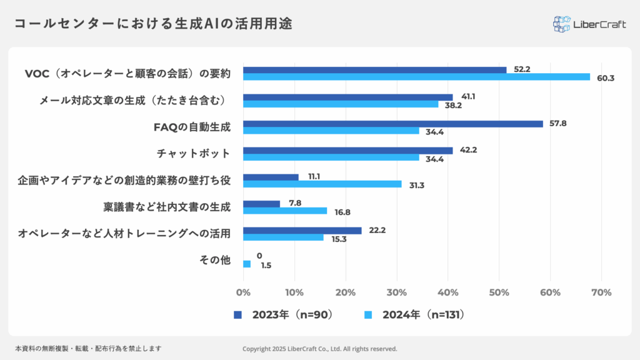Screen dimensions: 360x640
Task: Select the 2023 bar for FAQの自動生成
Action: point(392,124)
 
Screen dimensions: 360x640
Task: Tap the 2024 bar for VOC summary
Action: point(416,77)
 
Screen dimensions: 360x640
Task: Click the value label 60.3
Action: point(606,78)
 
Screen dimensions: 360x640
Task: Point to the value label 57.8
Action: point(557,123)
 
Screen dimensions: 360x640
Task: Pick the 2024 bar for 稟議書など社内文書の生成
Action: point(285,211)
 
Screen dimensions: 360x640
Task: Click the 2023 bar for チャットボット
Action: point(347,151)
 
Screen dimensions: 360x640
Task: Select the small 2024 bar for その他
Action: point(247,264)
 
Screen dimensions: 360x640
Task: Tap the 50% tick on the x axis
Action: point(499,292)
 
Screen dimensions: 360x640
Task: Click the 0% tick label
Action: point(243,292)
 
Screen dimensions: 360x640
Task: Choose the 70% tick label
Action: point(601,292)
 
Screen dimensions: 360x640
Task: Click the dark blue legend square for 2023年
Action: point(237,314)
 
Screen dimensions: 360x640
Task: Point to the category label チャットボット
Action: point(193,154)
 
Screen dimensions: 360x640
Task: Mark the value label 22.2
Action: point(377,230)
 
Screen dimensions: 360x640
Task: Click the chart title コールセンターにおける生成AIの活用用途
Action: point(154,24)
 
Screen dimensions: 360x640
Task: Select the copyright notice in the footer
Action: point(319,349)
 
